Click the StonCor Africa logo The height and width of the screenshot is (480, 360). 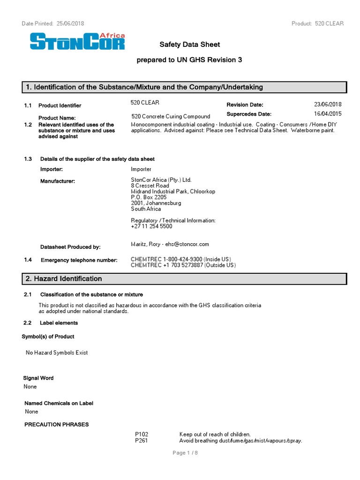pyautogui.click(x=77, y=42)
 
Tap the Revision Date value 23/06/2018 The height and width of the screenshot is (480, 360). pyautogui.click(x=328, y=105)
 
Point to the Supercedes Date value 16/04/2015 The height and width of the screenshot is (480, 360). pyautogui.click(x=328, y=114)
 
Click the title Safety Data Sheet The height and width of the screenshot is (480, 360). pyautogui.click(x=189, y=45)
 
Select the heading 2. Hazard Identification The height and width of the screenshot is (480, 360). pyautogui.click(x=64, y=279)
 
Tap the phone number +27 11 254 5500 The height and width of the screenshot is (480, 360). pyautogui.click(x=151, y=226)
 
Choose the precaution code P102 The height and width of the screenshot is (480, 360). pyautogui.click(x=141, y=435)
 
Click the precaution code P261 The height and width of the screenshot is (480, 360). pyautogui.click(x=141, y=441)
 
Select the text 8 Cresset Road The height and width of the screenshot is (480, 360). pyautogui.click(x=150, y=186)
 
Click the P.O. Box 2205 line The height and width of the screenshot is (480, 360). pyautogui.click(x=149, y=197)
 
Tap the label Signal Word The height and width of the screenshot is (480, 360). pyautogui.click(x=38, y=378)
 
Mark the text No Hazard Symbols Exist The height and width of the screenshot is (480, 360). pyautogui.click(x=57, y=352)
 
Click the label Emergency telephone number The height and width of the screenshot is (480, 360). pyautogui.click(x=79, y=260)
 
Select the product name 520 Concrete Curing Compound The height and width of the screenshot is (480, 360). pyautogui.click(x=171, y=116)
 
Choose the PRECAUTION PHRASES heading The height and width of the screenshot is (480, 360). pyautogui.click(x=56, y=425)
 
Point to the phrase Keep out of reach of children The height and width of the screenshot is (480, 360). pyautogui.click(x=215, y=435)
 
